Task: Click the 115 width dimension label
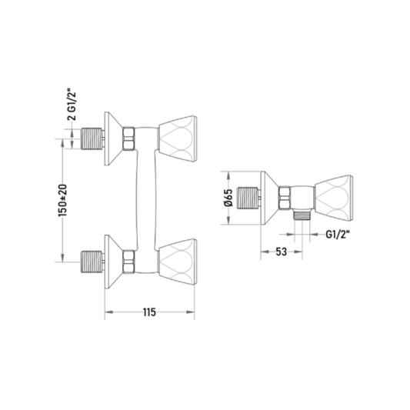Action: [x=149, y=312]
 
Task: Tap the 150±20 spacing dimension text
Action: [x=63, y=200]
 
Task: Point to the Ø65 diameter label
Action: [x=228, y=198]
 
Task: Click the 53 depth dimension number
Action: [x=281, y=252]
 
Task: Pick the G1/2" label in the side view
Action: [x=338, y=235]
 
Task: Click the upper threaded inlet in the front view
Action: [x=92, y=138]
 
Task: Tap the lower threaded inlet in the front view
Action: [x=92, y=262]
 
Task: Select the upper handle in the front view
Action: [x=178, y=138]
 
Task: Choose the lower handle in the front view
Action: [x=178, y=262]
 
